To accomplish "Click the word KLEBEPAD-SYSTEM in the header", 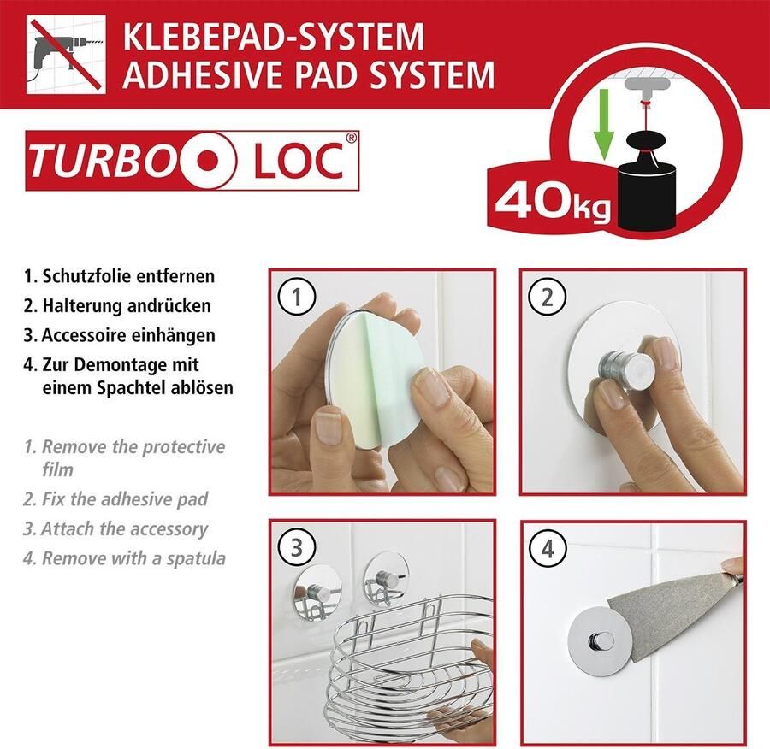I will pos(274,37).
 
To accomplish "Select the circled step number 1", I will pos(297,297).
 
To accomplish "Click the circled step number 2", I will pos(547,297).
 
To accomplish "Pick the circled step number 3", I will pos(297,548).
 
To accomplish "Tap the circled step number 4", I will pos(547,548).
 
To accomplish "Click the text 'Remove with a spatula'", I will pos(133,558).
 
